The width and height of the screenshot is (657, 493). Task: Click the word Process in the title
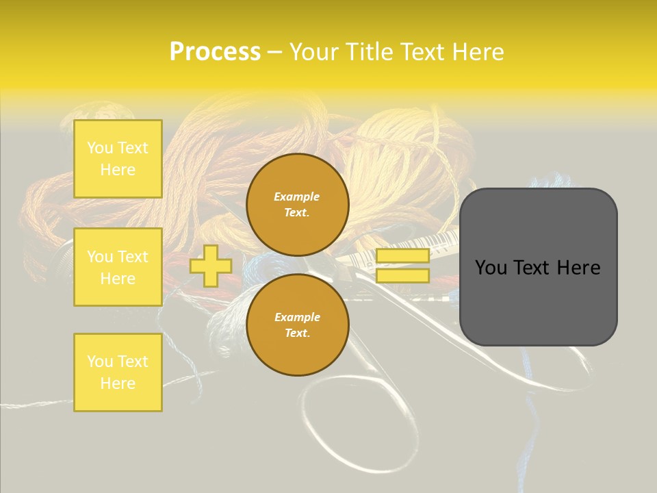215,52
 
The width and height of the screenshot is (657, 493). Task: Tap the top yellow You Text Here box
118,159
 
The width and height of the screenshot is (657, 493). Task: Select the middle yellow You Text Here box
118,267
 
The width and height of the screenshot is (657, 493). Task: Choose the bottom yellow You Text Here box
118,372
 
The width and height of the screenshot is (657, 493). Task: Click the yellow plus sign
211,266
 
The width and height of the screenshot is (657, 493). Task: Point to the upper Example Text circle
298,204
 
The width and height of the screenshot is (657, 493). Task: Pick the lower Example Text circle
298,325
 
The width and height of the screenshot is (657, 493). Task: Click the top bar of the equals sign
402,255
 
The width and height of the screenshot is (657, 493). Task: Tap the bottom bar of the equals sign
402,275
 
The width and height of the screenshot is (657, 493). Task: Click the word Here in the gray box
578,268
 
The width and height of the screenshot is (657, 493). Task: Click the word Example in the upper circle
297,197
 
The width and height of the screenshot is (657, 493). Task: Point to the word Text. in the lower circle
297,333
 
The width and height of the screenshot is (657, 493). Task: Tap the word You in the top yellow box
100,148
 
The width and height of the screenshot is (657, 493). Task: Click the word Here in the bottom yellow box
118,383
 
